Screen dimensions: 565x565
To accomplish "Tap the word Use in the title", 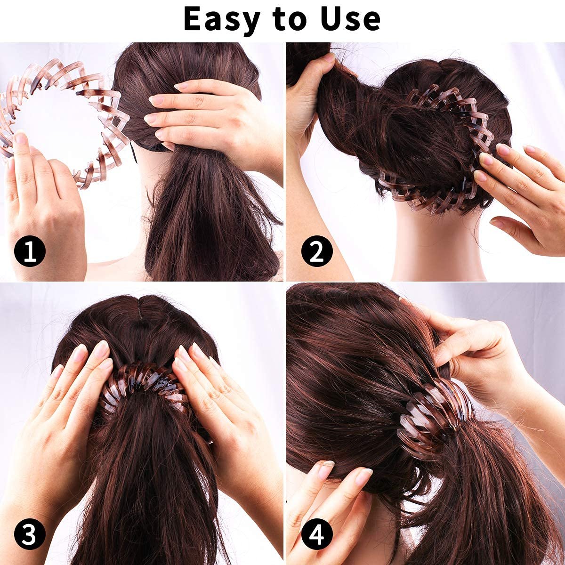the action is coord(350,19).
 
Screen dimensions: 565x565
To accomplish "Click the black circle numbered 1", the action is coord(30,251).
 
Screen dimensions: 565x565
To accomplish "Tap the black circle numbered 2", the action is coord(317,251).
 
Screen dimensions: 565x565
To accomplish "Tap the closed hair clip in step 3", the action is coord(144,384).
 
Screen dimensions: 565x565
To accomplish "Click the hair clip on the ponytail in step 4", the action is coord(434,416).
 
